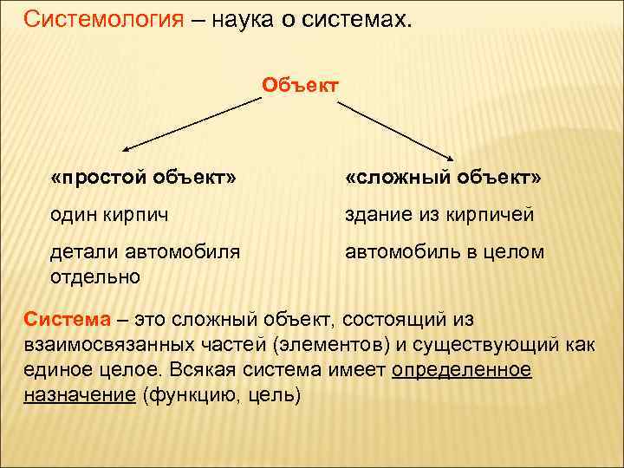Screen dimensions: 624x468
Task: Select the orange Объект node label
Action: (x=299, y=85)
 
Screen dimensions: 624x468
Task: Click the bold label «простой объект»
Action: (x=143, y=178)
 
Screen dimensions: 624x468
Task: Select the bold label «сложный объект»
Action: (x=443, y=178)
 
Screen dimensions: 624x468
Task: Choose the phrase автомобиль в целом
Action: (x=445, y=252)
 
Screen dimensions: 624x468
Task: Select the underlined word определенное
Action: (x=462, y=370)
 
